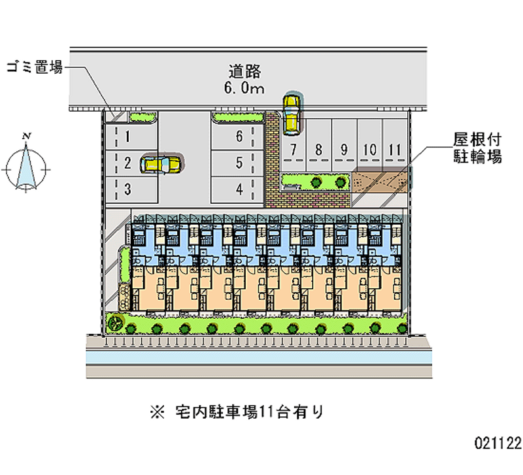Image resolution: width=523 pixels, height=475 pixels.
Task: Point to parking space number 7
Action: (x=294, y=149)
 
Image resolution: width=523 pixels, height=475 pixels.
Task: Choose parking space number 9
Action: (x=344, y=149)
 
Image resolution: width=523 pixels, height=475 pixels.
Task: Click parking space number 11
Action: (x=393, y=149)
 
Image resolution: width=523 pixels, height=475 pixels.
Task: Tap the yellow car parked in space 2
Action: (x=162, y=163)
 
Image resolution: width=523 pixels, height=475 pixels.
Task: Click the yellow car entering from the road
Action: (x=291, y=111)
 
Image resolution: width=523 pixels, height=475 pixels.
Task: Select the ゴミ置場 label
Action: (x=35, y=67)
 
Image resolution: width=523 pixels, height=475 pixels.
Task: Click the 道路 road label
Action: (x=246, y=71)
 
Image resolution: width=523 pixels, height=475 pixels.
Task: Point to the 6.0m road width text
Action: (x=246, y=88)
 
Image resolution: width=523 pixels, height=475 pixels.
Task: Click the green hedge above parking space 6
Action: (x=238, y=118)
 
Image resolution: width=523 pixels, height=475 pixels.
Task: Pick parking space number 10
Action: (x=369, y=149)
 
